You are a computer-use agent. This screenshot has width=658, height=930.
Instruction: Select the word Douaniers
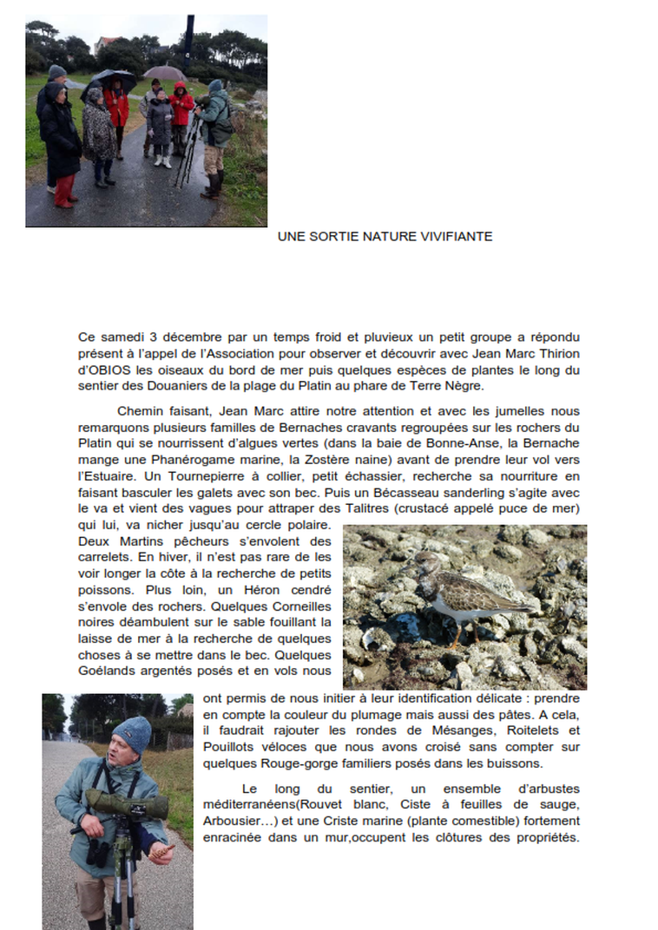point(178,386)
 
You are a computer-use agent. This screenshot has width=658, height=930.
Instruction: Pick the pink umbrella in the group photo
point(165,74)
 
